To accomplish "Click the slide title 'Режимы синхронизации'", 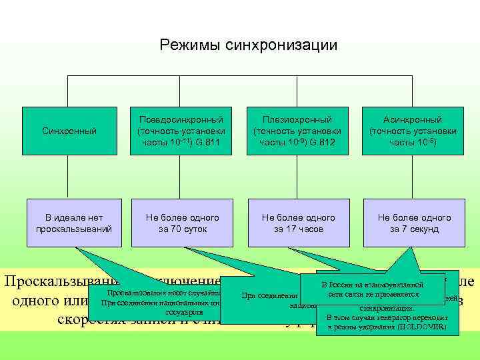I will pyautogui.click(x=248, y=45).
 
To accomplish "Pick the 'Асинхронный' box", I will pyautogui.click(x=414, y=131).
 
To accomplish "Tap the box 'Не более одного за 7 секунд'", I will pyautogui.click(x=414, y=223).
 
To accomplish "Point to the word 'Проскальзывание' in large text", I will pyautogui.click(x=50, y=281).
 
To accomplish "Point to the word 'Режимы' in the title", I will pyautogui.click(x=182, y=45).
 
